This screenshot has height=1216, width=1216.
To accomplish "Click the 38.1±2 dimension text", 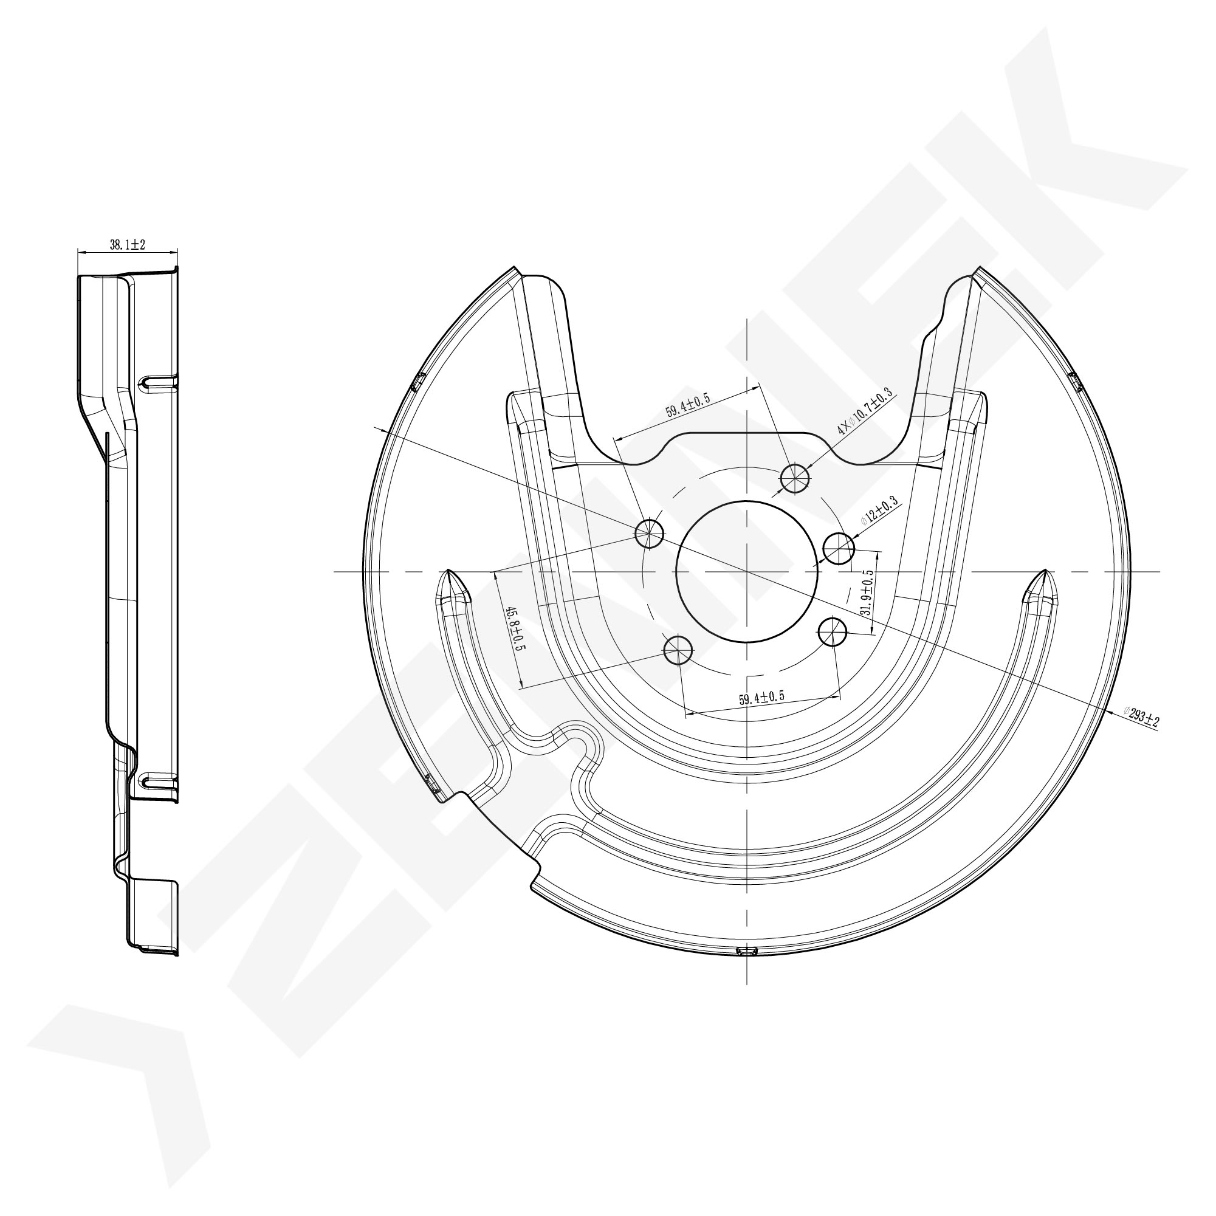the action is [128, 245].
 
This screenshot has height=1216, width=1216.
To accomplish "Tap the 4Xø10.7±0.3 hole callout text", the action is [865, 412].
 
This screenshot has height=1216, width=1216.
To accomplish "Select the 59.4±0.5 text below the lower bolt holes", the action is [761, 698].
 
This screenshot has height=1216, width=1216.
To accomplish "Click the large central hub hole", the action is [746, 571].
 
